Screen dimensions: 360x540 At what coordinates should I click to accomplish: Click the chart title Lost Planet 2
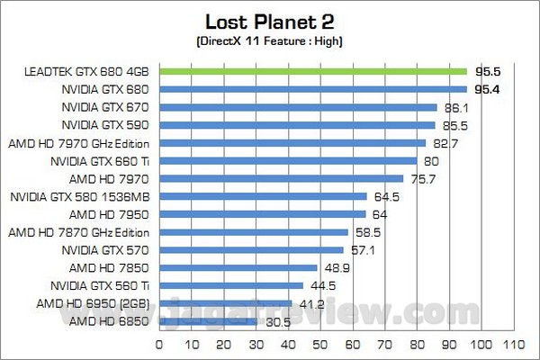(269, 21)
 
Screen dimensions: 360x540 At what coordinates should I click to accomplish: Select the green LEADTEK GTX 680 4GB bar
(313, 71)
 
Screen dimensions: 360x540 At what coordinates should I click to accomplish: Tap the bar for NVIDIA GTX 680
(313, 89)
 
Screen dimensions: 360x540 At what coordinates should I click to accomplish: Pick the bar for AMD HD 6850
(209, 320)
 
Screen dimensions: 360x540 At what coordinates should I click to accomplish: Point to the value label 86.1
(451, 107)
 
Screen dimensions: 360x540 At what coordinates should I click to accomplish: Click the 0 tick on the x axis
(160, 345)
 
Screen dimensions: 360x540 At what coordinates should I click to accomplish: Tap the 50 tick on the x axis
(321, 345)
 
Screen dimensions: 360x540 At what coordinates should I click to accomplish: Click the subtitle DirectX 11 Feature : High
(269, 41)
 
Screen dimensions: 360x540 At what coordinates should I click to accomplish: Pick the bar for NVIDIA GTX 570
(252, 249)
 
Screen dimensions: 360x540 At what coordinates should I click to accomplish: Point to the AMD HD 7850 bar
(238, 267)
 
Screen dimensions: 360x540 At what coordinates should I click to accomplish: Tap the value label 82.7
(440, 142)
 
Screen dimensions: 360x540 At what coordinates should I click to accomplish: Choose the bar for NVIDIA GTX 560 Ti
(231, 285)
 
